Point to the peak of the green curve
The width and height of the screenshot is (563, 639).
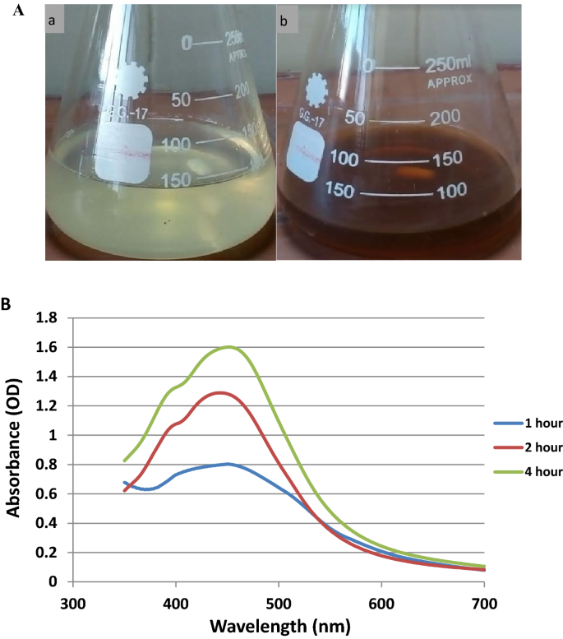tap(371, 347)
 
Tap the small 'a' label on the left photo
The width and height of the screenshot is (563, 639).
tap(55, 21)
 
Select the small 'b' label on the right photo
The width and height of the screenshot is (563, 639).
tap(285, 21)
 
